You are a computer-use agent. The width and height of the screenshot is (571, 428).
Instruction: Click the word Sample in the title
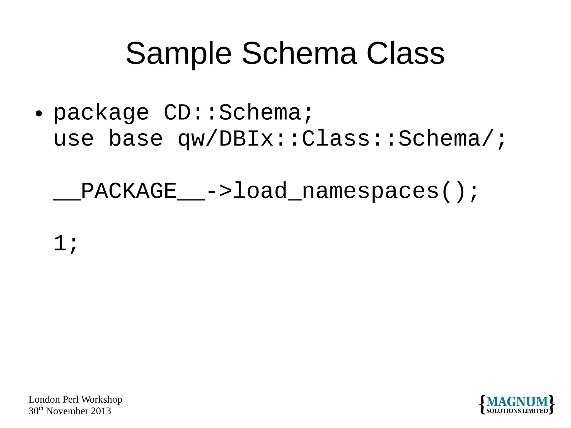(178, 54)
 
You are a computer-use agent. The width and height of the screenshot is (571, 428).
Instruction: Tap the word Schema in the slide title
(299, 54)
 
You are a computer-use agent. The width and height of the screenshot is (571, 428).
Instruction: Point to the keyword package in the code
(101, 113)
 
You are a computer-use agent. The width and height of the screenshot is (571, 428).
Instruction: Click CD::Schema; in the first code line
(239, 113)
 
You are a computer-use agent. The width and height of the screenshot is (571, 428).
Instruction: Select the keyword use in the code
(73, 139)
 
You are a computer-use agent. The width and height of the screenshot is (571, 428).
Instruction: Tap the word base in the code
(136, 139)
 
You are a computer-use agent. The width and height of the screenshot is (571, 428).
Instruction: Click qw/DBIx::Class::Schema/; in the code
(342, 139)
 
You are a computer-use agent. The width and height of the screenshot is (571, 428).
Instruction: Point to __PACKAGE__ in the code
(129, 191)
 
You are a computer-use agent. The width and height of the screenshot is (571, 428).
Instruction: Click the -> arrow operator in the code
(219, 191)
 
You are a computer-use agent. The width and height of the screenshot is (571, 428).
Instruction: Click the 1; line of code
(66, 244)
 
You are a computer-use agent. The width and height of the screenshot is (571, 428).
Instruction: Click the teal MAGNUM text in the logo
(517, 402)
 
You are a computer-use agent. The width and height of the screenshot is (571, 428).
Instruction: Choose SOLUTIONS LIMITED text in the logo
(517, 411)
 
